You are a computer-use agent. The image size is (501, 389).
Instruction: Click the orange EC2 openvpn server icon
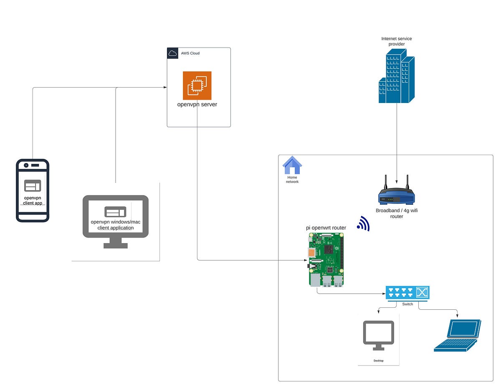(197, 85)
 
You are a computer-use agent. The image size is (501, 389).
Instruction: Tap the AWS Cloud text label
(190, 53)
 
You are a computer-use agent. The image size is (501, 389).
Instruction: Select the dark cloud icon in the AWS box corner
(172, 53)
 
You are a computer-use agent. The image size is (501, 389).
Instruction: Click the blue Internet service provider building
(396, 76)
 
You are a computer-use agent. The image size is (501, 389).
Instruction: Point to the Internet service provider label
(396, 41)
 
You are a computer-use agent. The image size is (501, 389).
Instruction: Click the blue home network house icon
(292, 165)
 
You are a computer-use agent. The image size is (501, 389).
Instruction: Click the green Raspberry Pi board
(326, 259)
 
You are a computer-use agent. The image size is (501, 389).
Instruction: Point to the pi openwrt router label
(326, 228)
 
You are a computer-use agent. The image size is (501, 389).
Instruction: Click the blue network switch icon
(407, 293)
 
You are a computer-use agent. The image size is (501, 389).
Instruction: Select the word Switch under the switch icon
(407, 304)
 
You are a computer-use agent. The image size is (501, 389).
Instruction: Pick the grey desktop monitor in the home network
(378, 335)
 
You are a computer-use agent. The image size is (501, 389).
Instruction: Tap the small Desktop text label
(378, 361)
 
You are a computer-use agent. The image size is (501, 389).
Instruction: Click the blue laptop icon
(457, 335)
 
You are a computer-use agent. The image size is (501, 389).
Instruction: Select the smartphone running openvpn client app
(33, 191)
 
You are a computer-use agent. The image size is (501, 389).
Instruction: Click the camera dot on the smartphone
(26, 165)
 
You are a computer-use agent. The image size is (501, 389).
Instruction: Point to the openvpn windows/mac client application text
(116, 225)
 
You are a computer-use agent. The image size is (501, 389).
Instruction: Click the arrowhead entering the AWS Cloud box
(165, 87)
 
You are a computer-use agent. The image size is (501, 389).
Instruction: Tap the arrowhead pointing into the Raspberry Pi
(306, 260)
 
